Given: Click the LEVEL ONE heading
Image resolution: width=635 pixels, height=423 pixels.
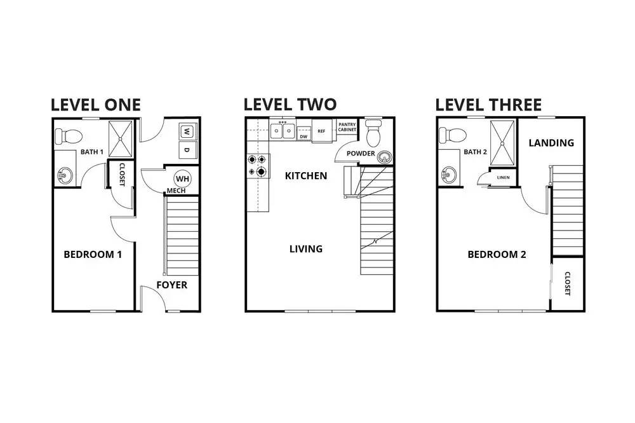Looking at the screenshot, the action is pos(96,105).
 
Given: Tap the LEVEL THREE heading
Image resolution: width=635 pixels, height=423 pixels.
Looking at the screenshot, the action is pos(488,105).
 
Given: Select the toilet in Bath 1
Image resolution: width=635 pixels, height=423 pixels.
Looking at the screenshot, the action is pos(69,136).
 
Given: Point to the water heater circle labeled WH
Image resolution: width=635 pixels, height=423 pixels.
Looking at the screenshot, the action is pos(182,178).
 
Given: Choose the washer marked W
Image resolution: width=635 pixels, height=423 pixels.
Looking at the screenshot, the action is pos(187,131).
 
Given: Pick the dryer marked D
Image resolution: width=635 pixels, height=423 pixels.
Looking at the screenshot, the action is pos(187,150).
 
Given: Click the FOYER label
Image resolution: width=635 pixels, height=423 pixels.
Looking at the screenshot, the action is pos(171,285).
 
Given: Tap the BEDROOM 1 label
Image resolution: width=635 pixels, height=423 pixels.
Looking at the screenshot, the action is pos(93,255).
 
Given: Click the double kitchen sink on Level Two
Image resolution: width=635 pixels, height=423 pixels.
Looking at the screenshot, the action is pos(283,130).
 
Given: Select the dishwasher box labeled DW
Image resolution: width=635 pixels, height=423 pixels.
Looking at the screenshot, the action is pos(304,136).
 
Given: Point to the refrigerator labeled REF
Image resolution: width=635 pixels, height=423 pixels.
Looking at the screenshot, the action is pos(321,131).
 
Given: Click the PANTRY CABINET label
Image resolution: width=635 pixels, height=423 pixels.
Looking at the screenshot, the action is pos(347,127).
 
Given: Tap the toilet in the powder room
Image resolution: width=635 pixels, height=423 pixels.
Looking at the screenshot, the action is pos(373,133).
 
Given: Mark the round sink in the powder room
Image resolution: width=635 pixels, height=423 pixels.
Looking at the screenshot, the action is pos(384,156).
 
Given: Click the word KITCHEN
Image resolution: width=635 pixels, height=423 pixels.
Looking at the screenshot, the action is pos(306,176).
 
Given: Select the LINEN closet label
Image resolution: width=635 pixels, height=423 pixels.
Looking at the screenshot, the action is pos(503,177).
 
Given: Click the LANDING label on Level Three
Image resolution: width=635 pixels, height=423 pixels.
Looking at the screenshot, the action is pos(551,143).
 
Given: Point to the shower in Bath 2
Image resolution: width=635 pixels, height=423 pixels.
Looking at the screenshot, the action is pos(502,143).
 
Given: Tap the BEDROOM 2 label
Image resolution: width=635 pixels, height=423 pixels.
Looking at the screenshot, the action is pos(497,255).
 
